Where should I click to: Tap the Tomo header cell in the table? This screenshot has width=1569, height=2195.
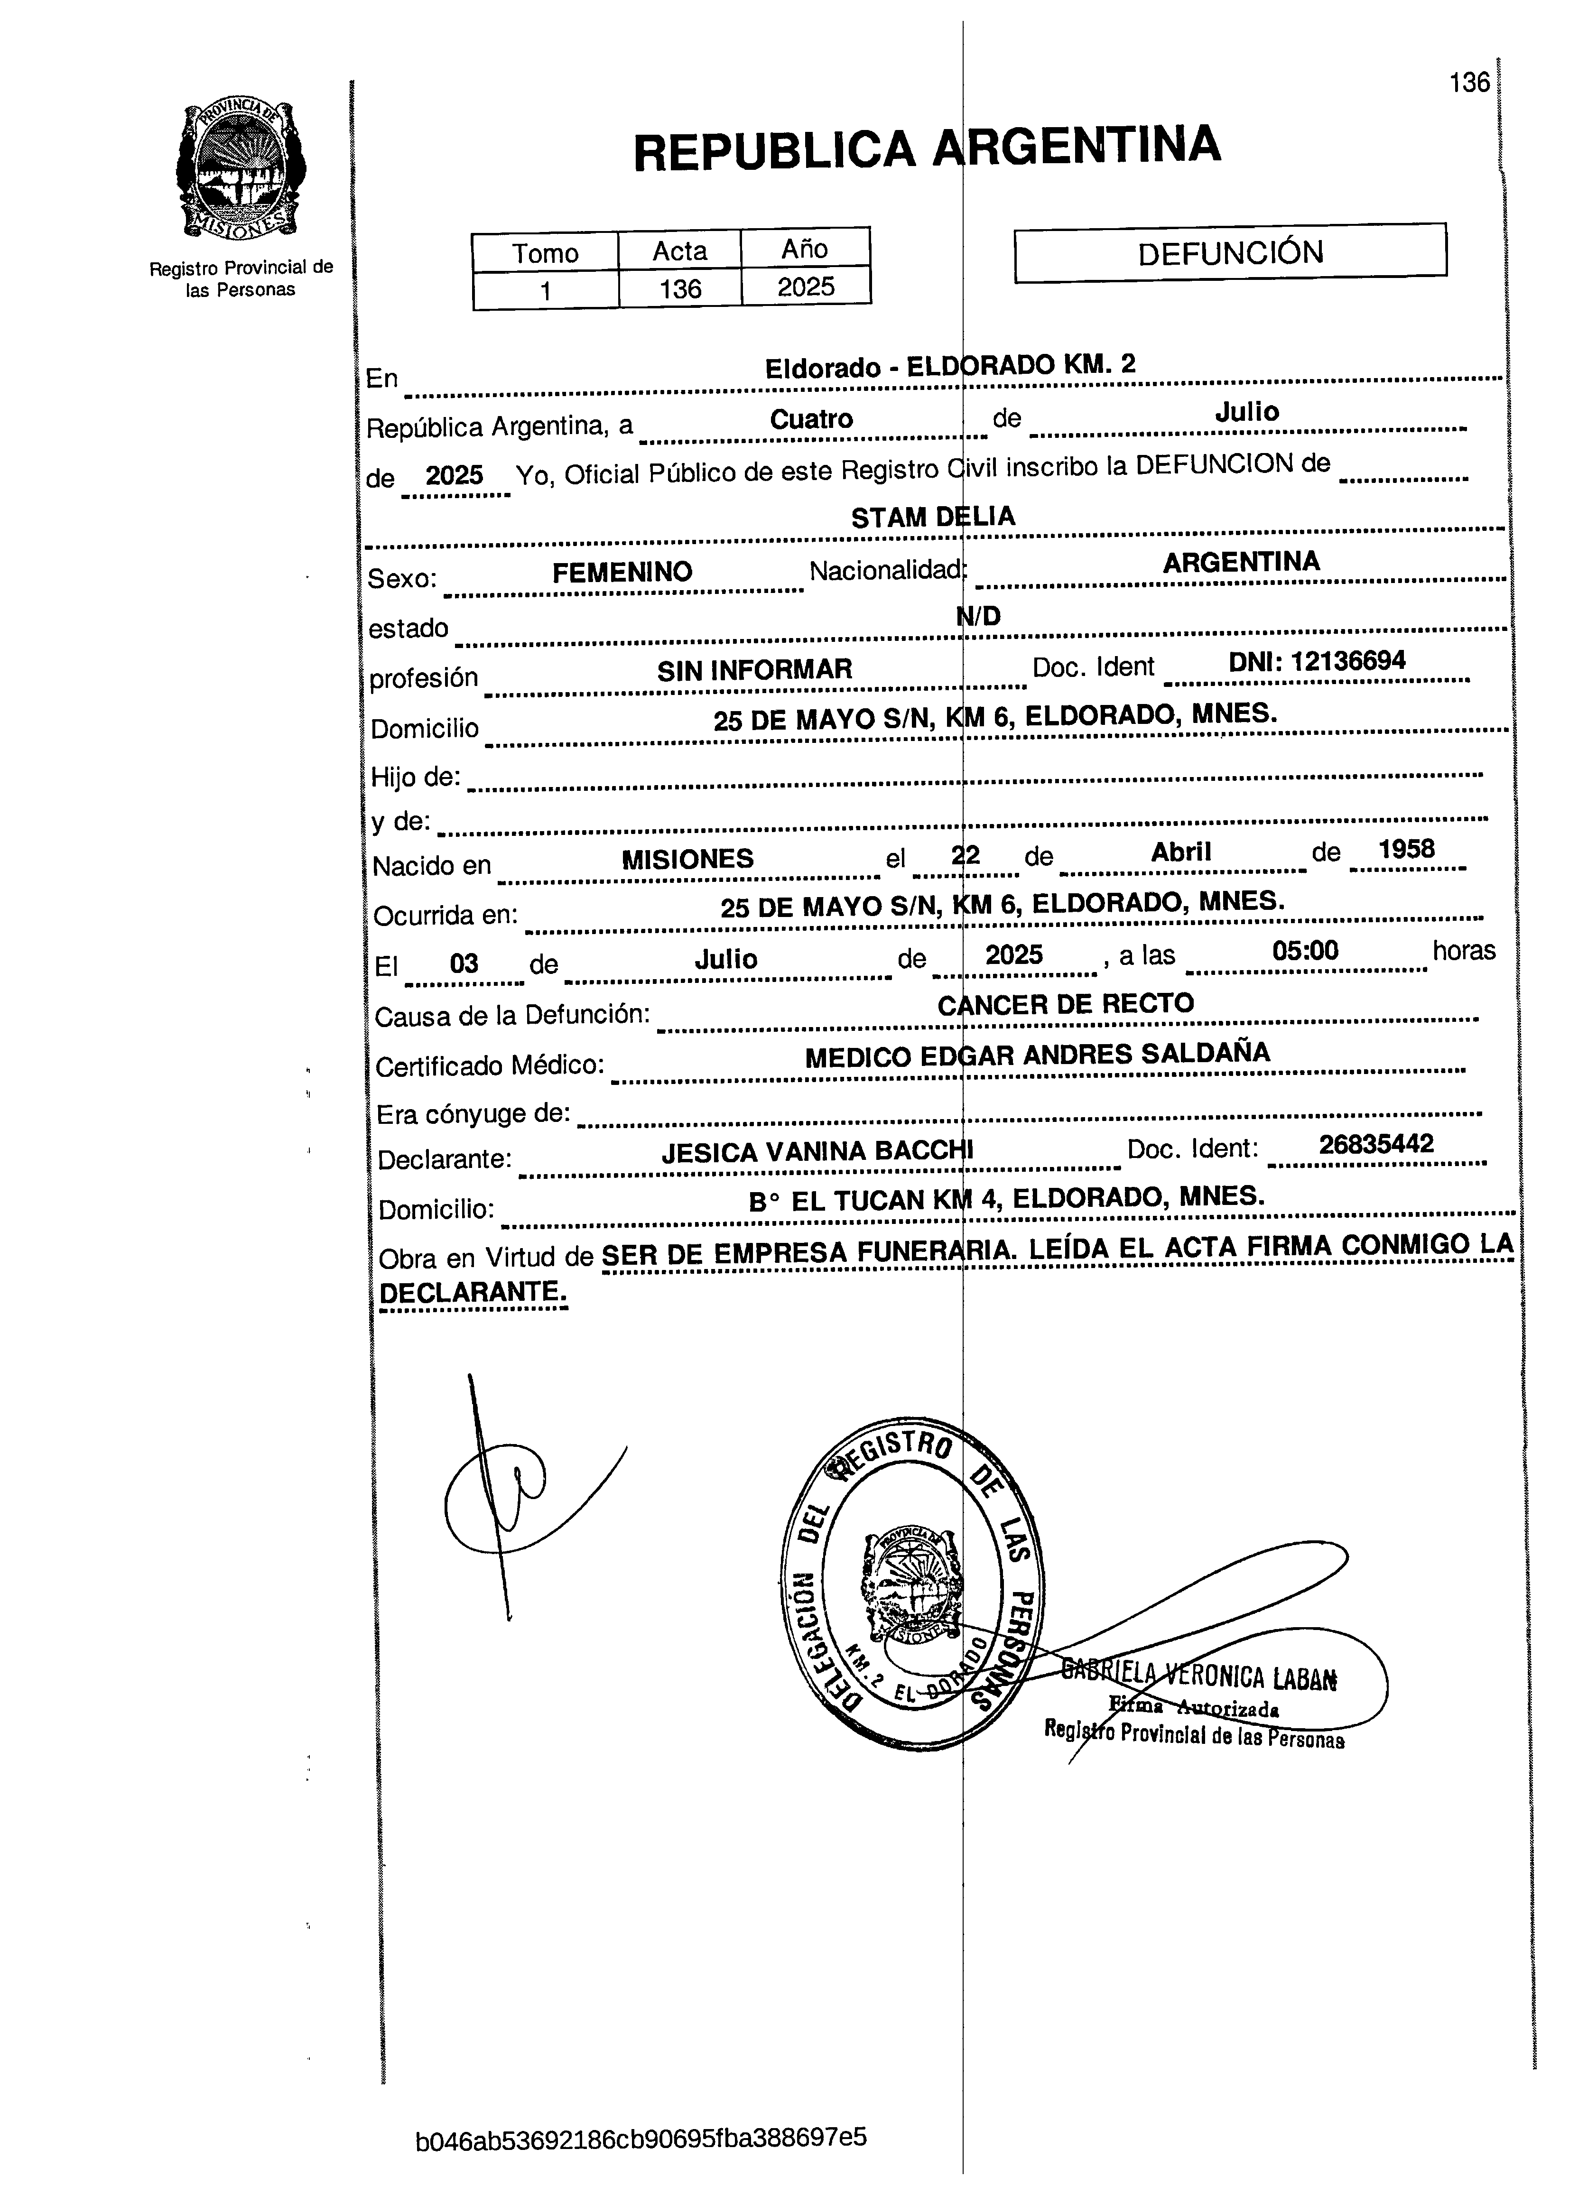coord(545,253)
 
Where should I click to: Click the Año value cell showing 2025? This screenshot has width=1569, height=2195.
coord(806,287)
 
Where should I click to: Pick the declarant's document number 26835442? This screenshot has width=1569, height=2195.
coord(1376,1145)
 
